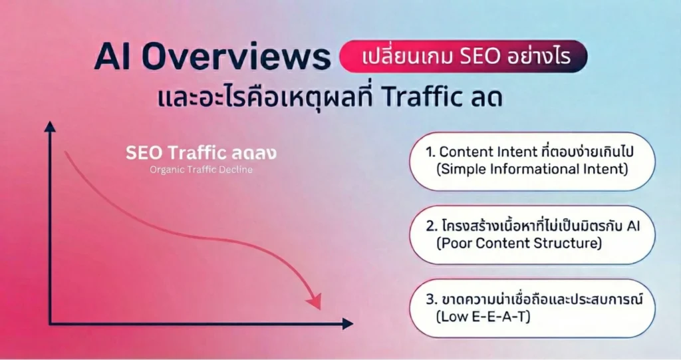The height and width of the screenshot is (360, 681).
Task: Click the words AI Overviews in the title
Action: tap(211, 58)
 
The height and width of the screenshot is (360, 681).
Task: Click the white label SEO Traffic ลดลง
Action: tap(201, 153)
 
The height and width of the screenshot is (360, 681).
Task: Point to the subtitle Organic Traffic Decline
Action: tap(201, 170)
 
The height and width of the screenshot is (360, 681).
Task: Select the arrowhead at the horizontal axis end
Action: tap(346, 324)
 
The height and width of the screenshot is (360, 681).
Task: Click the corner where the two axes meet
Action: tap(51, 324)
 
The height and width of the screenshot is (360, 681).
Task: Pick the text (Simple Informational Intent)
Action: tap(532, 169)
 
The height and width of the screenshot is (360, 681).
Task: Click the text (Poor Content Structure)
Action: tap(519, 243)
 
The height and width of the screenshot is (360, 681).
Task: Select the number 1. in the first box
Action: tap(430, 152)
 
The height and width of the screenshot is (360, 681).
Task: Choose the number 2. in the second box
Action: tap(431, 226)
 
